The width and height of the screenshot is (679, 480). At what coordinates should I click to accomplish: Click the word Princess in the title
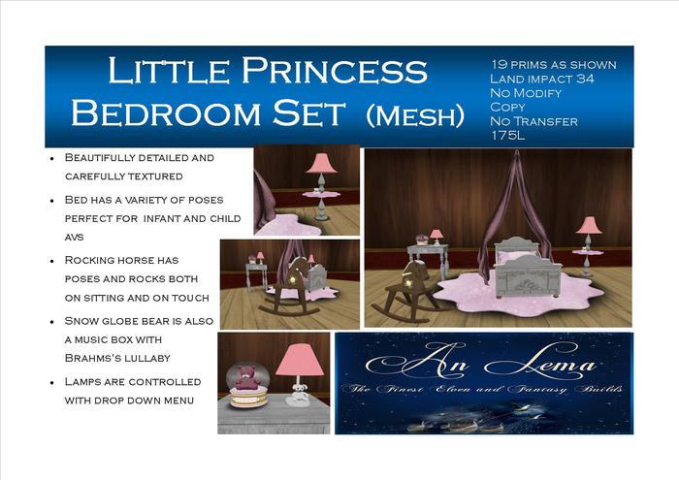point(336,72)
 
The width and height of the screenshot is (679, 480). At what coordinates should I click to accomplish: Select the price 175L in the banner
point(508,136)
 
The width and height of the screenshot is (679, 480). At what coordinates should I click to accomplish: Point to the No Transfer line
point(534,121)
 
